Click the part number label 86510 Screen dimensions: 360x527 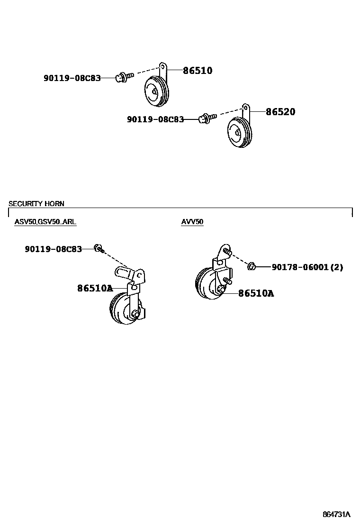pos(198,71)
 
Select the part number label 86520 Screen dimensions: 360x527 pos(280,112)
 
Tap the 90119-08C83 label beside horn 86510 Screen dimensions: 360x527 pos(72,78)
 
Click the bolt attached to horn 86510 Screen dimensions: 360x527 pos(122,76)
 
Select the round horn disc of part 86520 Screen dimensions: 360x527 pos(239,133)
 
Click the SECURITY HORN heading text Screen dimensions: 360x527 pos(36,204)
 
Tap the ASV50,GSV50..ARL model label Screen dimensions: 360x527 pos(45,222)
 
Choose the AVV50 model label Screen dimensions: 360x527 pos(192,222)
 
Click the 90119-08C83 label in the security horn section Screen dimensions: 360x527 pos(53,249)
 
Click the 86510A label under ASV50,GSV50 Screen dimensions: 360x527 pos(95,288)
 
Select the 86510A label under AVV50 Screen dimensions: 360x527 pos(256,294)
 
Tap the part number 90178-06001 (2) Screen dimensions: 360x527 pos(307,267)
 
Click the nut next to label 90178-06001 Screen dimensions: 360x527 pos(252,266)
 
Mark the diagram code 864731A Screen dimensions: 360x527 pos(336,514)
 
